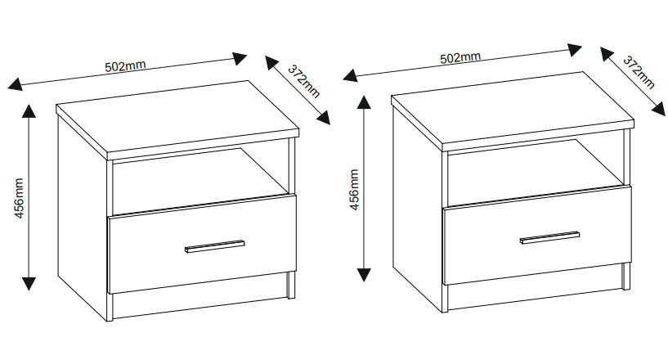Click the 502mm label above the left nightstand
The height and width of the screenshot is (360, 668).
click(125, 65)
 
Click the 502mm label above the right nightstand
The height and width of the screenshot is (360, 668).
click(460, 57)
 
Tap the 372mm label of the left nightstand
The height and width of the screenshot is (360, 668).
click(304, 81)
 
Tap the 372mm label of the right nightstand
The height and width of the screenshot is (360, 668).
click(639, 72)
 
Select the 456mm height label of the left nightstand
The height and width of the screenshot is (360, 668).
click(19, 198)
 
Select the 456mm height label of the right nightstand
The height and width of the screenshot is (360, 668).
click(354, 190)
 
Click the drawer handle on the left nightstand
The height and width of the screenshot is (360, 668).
click(215, 246)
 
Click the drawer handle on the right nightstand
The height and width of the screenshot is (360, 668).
click(549, 237)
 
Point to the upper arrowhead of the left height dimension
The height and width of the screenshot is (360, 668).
click(29, 110)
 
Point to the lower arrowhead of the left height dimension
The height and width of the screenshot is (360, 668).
click(29, 284)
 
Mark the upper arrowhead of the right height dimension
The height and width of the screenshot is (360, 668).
click(363, 102)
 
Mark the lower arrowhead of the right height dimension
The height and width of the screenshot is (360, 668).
click(363, 275)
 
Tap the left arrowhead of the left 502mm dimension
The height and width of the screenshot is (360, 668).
click(15, 84)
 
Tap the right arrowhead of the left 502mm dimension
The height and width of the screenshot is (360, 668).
click(240, 58)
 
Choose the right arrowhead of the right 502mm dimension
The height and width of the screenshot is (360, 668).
click(575, 50)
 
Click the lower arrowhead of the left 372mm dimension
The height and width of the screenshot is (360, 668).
click(324, 118)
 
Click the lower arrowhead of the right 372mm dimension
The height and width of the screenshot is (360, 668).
click(659, 109)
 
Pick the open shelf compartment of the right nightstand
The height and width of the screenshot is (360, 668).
click(535, 173)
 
